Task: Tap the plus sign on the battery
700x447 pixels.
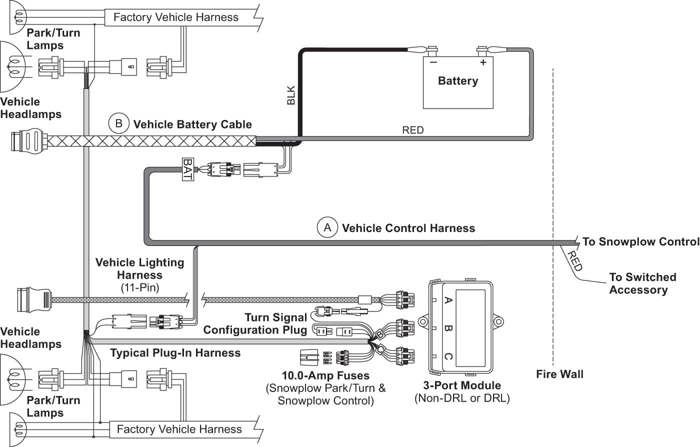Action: (483, 62)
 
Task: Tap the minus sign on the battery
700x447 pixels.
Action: (433, 62)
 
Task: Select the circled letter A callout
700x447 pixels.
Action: (327, 228)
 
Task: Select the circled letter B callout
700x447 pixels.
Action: (118, 123)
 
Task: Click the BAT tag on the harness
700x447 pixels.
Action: (187, 169)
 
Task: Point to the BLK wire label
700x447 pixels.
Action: (291, 95)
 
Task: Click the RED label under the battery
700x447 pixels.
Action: (412, 130)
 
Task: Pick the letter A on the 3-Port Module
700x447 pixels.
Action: (448, 300)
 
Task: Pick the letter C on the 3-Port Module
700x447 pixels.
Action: (448, 356)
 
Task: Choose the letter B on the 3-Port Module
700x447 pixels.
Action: (448, 328)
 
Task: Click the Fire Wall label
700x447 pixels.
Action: (559, 374)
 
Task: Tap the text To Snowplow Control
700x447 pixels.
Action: (640, 241)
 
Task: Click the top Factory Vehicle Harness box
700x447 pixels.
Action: (176, 17)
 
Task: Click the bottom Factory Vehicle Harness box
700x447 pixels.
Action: (179, 429)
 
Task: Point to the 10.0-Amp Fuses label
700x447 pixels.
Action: (325, 375)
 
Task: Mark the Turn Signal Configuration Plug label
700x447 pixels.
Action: (255, 323)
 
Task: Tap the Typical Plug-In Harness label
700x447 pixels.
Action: (175, 353)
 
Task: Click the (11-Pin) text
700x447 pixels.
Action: (139, 287)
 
